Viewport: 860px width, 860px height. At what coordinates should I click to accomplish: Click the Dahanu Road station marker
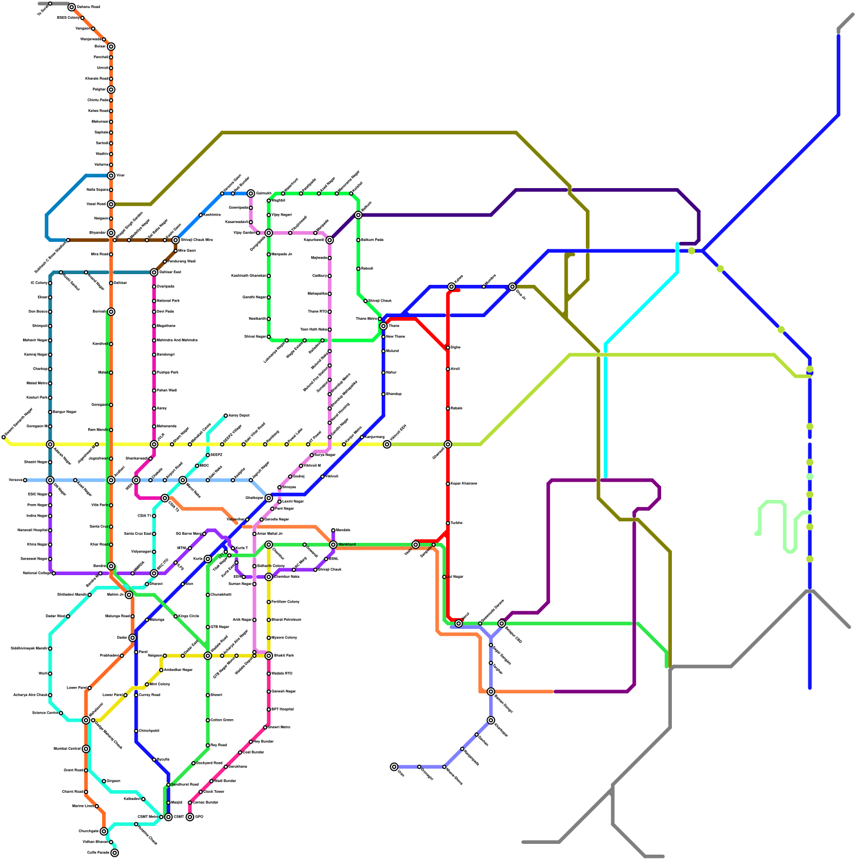(x=71, y=7)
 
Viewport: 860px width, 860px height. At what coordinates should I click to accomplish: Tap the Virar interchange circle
(x=111, y=175)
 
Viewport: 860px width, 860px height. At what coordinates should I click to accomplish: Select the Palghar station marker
(x=111, y=89)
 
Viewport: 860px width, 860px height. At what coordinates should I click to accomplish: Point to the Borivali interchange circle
(x=111, y=312)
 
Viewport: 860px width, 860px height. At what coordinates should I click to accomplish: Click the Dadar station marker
(x=132, y=637)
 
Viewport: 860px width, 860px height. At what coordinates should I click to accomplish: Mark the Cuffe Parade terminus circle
(x=114, y=852)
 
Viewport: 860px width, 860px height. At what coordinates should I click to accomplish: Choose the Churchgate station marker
(x=104, y=831)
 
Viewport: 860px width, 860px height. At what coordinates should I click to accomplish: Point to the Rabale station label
(x=456, y=408)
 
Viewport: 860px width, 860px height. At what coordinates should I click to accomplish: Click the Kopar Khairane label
(x=464, y=484)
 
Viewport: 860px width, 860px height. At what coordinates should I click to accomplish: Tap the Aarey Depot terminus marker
(x=226, y=415)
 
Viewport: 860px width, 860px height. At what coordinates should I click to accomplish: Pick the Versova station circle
(x=25, y=480)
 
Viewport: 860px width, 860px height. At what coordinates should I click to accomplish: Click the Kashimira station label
(x=212, y=215)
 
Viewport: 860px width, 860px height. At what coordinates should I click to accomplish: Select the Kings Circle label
(x=189, y=617)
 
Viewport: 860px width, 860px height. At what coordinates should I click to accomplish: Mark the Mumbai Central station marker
(x=86, y=749)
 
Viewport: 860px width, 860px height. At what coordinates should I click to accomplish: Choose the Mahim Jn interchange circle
(x=129, y=594)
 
